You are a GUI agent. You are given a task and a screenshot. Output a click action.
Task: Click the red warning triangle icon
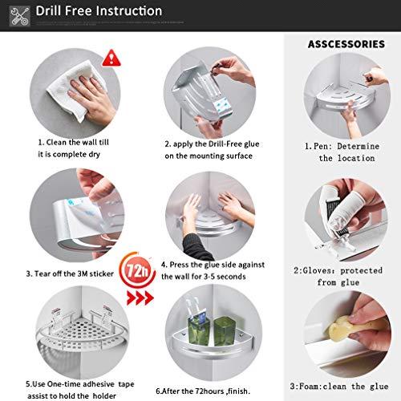[x=111, y=58]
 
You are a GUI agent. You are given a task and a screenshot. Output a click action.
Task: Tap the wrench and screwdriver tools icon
[x=19, y=16]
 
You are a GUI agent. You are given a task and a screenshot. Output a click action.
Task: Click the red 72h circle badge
[x=137, y=271]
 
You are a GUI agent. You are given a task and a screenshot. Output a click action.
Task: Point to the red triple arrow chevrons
[x=140, y=298]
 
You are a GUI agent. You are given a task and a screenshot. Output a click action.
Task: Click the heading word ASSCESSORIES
[x=346, y=44]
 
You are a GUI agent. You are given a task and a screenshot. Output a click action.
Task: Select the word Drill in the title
[x=49, y=11]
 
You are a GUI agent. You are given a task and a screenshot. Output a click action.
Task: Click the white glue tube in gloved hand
[x=346, y=214]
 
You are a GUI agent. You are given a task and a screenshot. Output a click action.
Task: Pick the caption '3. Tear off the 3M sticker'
[x=70, y=273]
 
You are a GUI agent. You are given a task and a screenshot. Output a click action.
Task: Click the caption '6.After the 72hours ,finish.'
[x=203, y=391]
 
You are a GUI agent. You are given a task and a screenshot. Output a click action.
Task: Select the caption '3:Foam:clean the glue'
[x=339, y=387]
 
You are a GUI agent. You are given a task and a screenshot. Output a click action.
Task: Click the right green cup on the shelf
[x=225, y=331]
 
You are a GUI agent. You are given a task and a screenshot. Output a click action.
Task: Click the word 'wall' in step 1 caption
[x=88, y=142]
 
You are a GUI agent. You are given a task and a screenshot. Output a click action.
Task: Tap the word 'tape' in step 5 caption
[x=126, y=384]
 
